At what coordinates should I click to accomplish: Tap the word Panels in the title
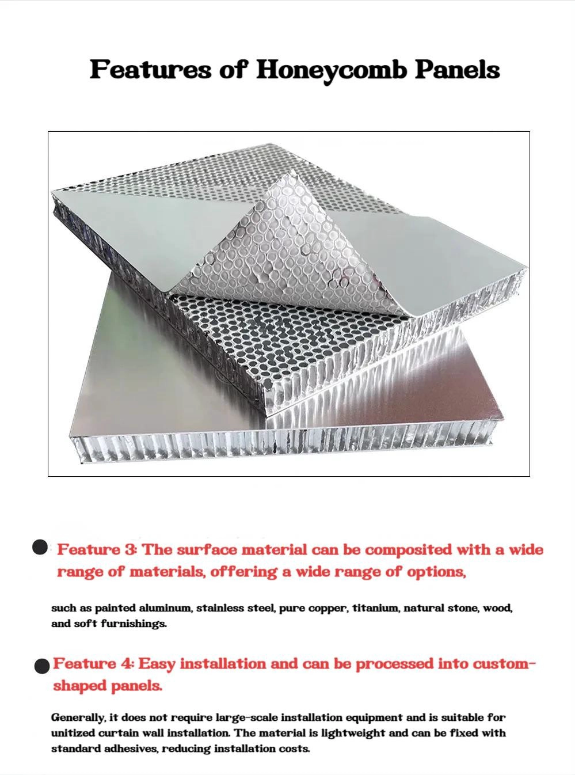pyautogui.click(x=458, y=70)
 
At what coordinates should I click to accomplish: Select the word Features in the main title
pyautogui.click(x=150, y=70)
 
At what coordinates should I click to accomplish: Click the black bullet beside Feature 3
pyautogui.click(x=40, y=547)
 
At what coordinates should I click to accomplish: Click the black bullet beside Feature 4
pyautogui.click(x=42, y=666)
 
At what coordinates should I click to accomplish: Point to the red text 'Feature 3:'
pyautogui.click(x=97, y=550)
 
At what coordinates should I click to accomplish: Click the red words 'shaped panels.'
pyautogui.click(x=108, y=686)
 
